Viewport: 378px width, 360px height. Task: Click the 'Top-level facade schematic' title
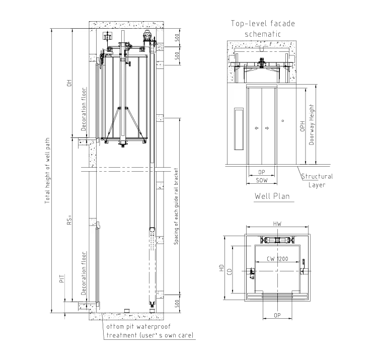coord(263,29)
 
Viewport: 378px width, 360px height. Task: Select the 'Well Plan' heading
coord(272,196)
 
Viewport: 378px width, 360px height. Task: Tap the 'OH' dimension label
coord(69,83)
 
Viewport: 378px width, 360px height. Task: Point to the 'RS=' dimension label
coord(69,220)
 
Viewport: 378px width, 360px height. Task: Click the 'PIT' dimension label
coord(62,278)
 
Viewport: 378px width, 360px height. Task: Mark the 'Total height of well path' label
coord(47,171)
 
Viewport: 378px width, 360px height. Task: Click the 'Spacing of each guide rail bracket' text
coord(176,206)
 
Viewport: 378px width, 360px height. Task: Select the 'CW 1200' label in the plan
coord(277,259)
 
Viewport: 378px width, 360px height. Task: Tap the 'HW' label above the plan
coord(277,224)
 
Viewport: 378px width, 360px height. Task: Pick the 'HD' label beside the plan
coord(221,268)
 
